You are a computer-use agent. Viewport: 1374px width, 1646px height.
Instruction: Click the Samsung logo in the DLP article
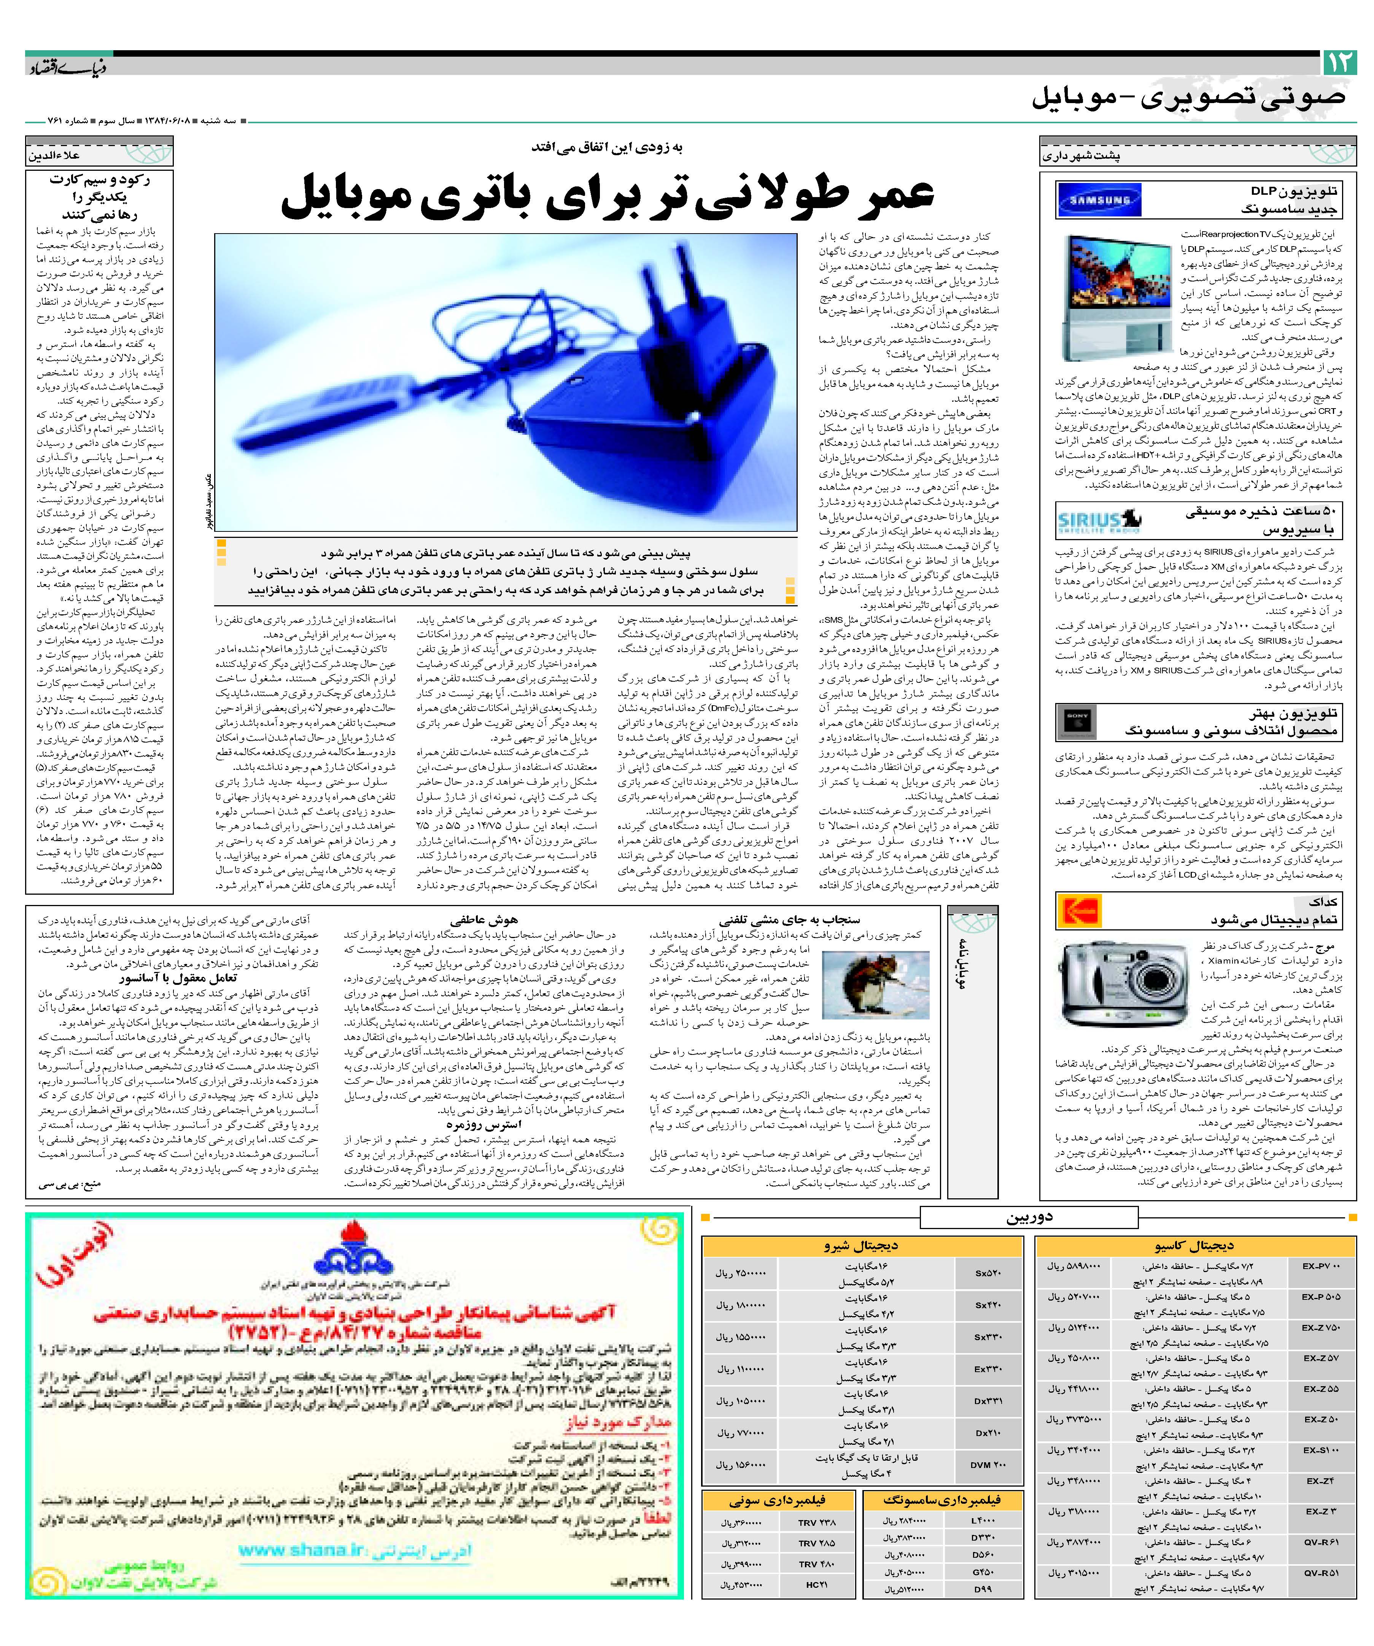tap(1098, 200)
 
